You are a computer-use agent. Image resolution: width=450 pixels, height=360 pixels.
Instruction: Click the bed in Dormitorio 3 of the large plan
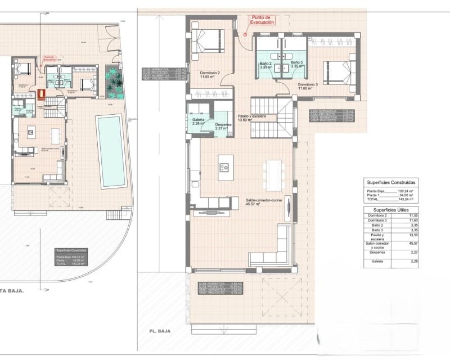[x=337, y=73]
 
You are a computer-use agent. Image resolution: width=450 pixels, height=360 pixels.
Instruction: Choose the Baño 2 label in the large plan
[x=266, y=64]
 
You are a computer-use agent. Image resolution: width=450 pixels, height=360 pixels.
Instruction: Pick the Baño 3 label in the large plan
[x=297, y=64]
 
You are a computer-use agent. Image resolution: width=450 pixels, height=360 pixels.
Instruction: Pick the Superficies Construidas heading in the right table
[x=391, y=183]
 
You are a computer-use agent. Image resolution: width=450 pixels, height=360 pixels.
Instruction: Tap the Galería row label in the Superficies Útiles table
[x=377, y=262]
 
